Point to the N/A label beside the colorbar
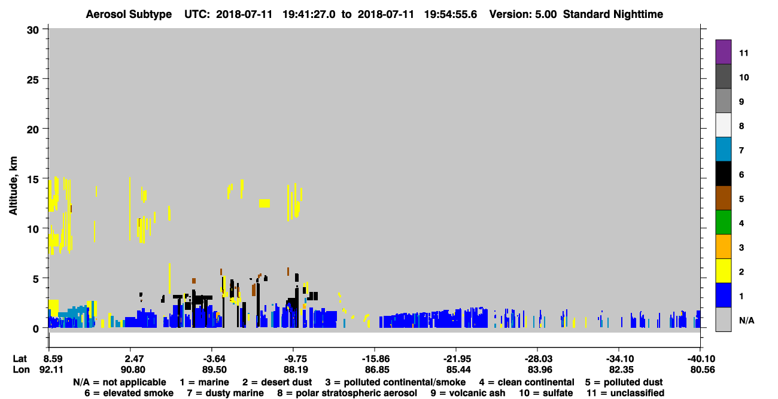(746, 320)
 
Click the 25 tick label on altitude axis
(33, 80)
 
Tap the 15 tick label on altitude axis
(33, 179)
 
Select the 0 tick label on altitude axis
(36, 328)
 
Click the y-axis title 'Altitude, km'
(13, 185)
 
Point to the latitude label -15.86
(375, 358)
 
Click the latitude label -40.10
(701, 358)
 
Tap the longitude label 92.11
(51, 370)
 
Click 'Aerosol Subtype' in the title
(129, 14)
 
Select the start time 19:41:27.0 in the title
(309, 14)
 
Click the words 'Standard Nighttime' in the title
(613, 14)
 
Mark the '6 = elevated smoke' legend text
(129, 393)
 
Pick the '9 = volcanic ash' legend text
(468, 393)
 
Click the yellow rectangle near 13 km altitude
(265, 203)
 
